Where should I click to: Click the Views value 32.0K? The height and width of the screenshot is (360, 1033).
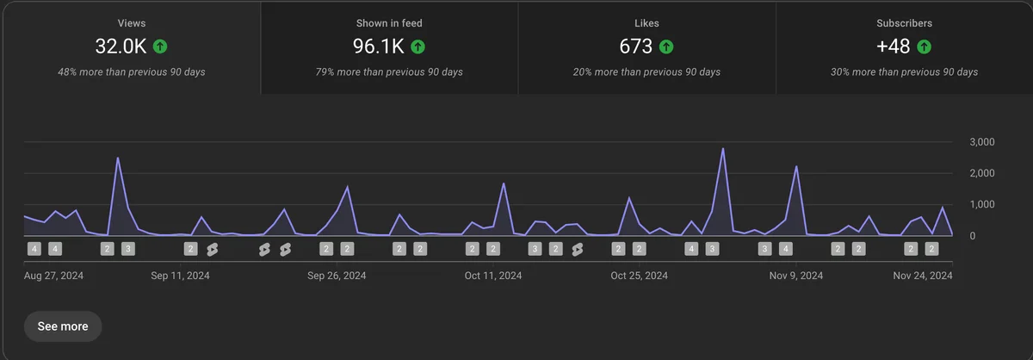tap(120, 47)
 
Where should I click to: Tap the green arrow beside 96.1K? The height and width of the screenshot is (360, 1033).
tap(418, 47)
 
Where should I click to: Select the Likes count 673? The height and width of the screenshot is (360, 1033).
tap(635, 47)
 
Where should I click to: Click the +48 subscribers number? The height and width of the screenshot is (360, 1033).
tap(894, 47)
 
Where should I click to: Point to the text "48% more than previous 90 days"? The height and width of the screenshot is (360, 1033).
tap(131, 71)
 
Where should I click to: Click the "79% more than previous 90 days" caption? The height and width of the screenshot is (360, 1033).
tap(389, 71)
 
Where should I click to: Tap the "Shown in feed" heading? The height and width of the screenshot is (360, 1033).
tap(389, 23)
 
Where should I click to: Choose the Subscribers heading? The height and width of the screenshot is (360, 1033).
tap(905, 23)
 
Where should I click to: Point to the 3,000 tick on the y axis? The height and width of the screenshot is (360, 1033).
tap(981, 142)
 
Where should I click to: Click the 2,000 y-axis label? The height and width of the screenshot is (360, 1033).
tap(981, 173)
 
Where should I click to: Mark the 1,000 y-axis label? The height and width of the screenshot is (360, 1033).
tap(981, 205)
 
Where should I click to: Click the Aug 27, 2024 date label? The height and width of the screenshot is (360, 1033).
tap(53, 276)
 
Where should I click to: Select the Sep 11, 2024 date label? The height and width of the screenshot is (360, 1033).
tap(180, 276)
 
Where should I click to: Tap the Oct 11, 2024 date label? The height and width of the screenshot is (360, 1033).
tap(493, 276)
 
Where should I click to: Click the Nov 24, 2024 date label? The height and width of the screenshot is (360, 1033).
tap(922, 276)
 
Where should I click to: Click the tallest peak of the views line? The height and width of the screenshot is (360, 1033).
tap(722, 149)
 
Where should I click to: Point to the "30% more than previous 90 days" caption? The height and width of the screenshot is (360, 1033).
tap(905, 71)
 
